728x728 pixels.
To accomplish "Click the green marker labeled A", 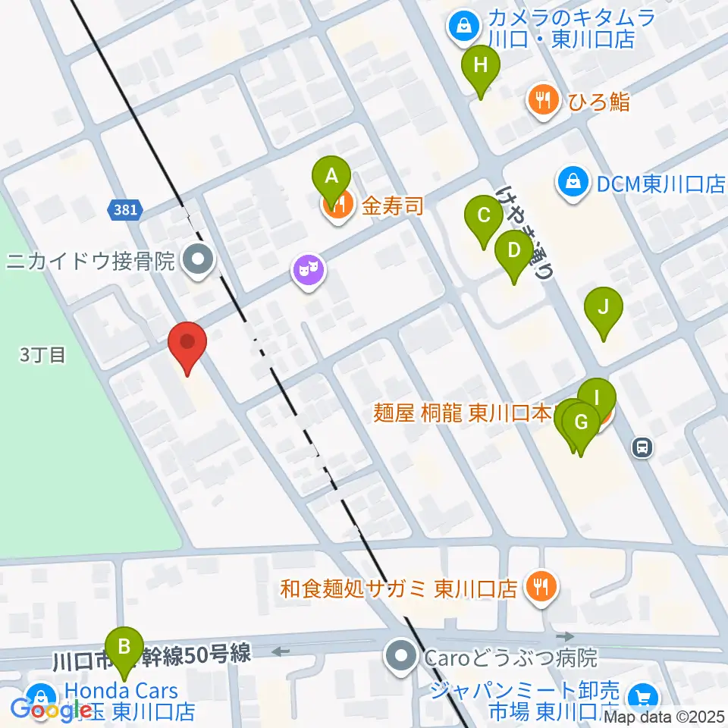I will point(331,177).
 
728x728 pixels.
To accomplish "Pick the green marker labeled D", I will point(513,249).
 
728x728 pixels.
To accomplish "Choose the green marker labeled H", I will point(480,65).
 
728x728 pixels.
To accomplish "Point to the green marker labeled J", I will point(604,308).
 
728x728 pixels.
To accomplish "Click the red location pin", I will point(187,346).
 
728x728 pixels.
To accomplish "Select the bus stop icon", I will point(642,447).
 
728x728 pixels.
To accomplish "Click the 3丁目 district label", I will point(43,354).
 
